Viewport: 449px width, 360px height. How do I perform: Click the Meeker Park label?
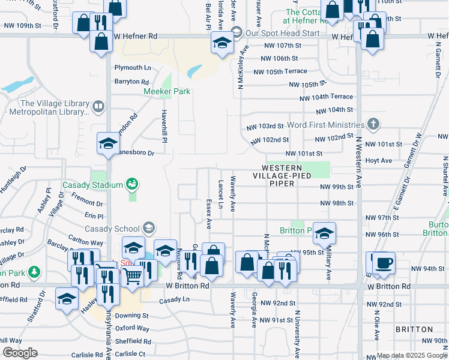coord(167,92)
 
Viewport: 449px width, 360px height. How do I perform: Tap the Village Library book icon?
coord(98,107)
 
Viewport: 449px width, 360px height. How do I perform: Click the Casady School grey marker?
coord(148,228)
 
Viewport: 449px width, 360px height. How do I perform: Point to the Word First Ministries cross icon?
coord(373,125)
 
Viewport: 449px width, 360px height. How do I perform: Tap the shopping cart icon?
coord(133,276)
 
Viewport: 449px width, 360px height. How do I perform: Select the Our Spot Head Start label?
coord(280,32)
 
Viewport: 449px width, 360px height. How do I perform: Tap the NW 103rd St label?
coord(265,127)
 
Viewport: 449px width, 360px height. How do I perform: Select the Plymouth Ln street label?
coord(131,68)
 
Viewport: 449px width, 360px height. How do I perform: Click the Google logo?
coord(19,353)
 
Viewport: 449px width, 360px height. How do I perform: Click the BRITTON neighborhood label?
coord(414,329)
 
